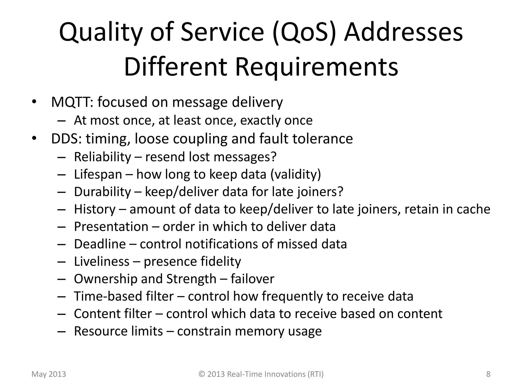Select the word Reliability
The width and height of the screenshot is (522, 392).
click(x=102, y=157)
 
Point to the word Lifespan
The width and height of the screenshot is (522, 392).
click(x=98, y=175)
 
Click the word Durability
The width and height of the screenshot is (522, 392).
click(x=102, y=192)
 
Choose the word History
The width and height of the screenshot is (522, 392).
click(x=95, y=209)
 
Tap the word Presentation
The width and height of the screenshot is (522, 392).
click(x=111, y=227)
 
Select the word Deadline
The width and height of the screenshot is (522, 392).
click(x=100, y=244)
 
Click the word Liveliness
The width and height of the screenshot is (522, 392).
click(x=101, y=261)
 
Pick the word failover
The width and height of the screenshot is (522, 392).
click(x=252, y=279)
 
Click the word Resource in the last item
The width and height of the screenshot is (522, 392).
click(x=101, y=331)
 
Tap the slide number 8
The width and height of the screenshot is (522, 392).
click(x=488, y=374)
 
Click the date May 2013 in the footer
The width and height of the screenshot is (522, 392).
click(x=49, y=374)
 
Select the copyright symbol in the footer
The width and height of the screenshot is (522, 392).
click(x=202, y=374)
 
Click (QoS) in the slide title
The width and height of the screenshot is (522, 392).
click(x=304, y=33)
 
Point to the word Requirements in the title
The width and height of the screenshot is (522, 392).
click(x=316, y=67)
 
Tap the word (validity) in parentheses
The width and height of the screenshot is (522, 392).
click(x=295, y=175)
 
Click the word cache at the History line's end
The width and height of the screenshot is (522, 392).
click(x=473, y=209)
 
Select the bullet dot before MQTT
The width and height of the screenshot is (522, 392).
click(x=34, y=102)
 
